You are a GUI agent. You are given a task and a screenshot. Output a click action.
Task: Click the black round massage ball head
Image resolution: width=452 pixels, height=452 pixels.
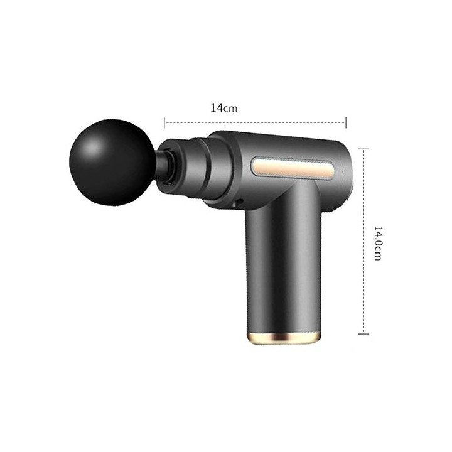coord(112,163)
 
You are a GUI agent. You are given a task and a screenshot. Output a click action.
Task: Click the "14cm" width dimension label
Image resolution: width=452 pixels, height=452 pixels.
coord(223,108)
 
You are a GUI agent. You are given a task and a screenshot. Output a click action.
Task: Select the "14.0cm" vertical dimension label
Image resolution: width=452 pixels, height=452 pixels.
coord(378,244)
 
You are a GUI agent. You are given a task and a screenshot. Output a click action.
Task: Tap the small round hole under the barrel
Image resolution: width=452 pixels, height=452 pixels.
coord(238,202)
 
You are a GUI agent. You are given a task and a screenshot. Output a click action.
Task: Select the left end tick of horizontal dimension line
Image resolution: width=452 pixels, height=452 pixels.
coord(164,122)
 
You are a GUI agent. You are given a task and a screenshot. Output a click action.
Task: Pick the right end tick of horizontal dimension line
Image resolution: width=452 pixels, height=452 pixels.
coord(346,122)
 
